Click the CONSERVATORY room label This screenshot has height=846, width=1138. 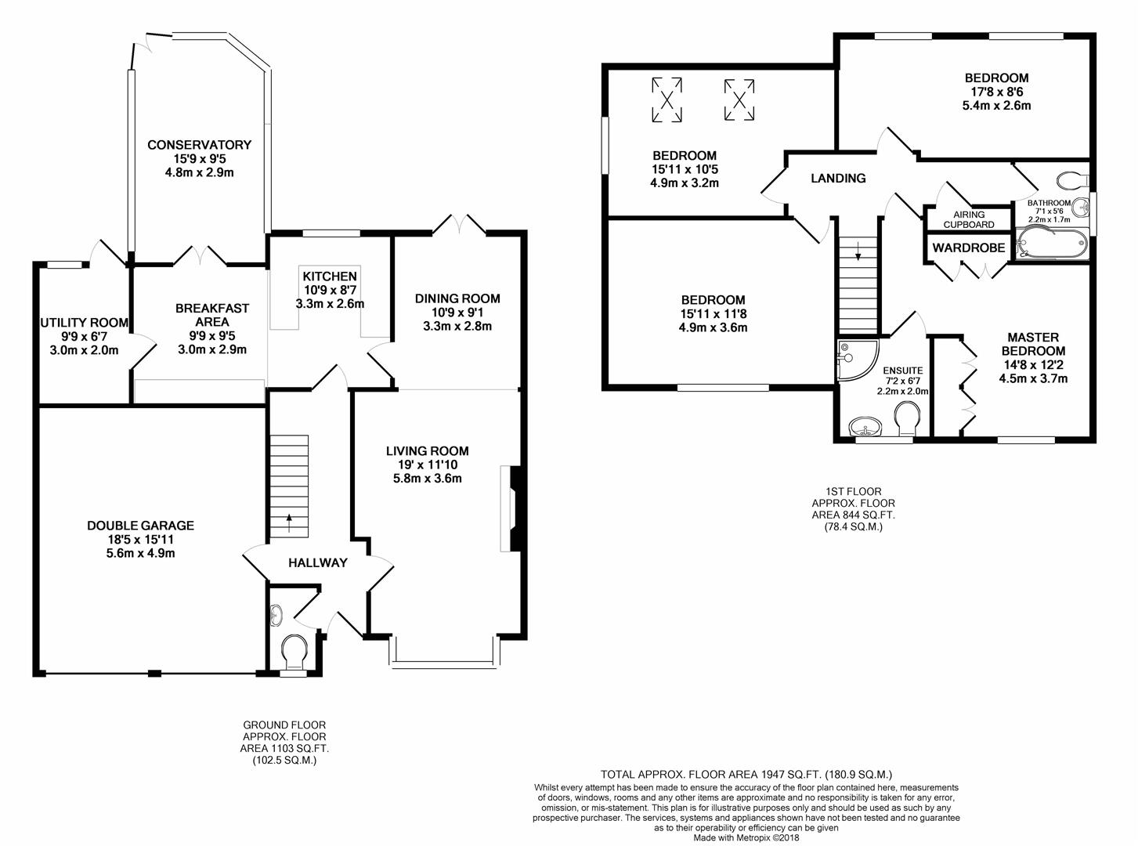coord(199,145)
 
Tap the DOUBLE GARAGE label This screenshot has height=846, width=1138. coord(140,526)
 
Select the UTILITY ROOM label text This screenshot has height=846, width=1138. coord(84,323)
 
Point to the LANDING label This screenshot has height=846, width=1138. coord(838,178)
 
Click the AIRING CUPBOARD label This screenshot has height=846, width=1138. coord(969,219)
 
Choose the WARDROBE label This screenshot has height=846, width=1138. coord(969,248)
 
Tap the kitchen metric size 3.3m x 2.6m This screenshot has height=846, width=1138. coord(330,303)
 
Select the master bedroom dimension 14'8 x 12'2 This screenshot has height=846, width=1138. coord(1033,365)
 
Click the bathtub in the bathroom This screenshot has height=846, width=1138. coord(1052,244)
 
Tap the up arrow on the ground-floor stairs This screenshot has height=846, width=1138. coord(289,522)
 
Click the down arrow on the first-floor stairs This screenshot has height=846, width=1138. coord(858,252)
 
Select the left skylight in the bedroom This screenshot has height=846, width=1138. coord(667,99)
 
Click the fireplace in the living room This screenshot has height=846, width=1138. coord(513,508)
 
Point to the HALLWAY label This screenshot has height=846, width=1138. coord(318,563)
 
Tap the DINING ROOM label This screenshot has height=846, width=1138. coord(457,298)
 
